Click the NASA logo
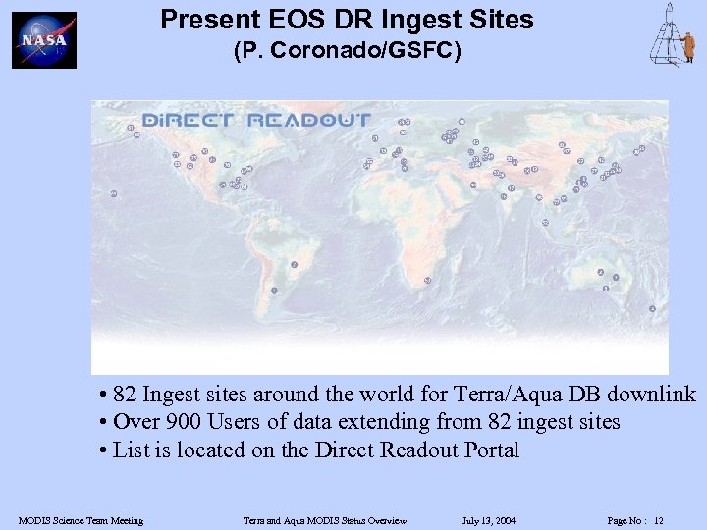(x=43, y=40)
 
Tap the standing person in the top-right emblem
(x=688, y=45)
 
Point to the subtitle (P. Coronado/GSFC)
(x=347, y=51)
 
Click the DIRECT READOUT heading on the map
(x=256, y=121)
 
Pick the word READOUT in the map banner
(x=309, y=121)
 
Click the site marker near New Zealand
(x=652, y=308)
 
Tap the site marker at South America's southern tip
(x=274, y=291)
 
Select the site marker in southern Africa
(x=426, y=281)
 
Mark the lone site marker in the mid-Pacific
(x=114, y=193)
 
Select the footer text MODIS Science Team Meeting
(x=81, y=520)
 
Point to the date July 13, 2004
(x=488, y=520)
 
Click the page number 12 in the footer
(x=659, y=520)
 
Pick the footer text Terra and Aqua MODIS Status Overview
(x=324, y=520)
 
